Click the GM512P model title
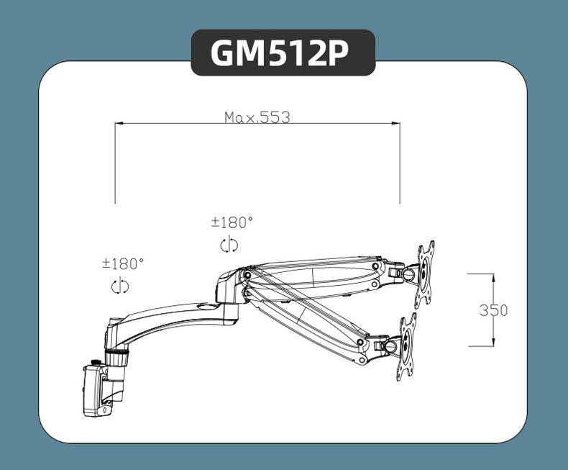(283, 53)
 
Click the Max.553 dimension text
(257, 117)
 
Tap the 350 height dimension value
(493, 310)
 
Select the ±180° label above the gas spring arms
(232, 223)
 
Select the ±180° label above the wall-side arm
(123, 264)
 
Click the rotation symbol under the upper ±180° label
(229, 245)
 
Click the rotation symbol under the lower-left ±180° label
(120, 286)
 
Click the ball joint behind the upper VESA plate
(411, 273)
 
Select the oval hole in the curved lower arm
(209, 307)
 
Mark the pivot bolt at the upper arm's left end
(247, 274)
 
